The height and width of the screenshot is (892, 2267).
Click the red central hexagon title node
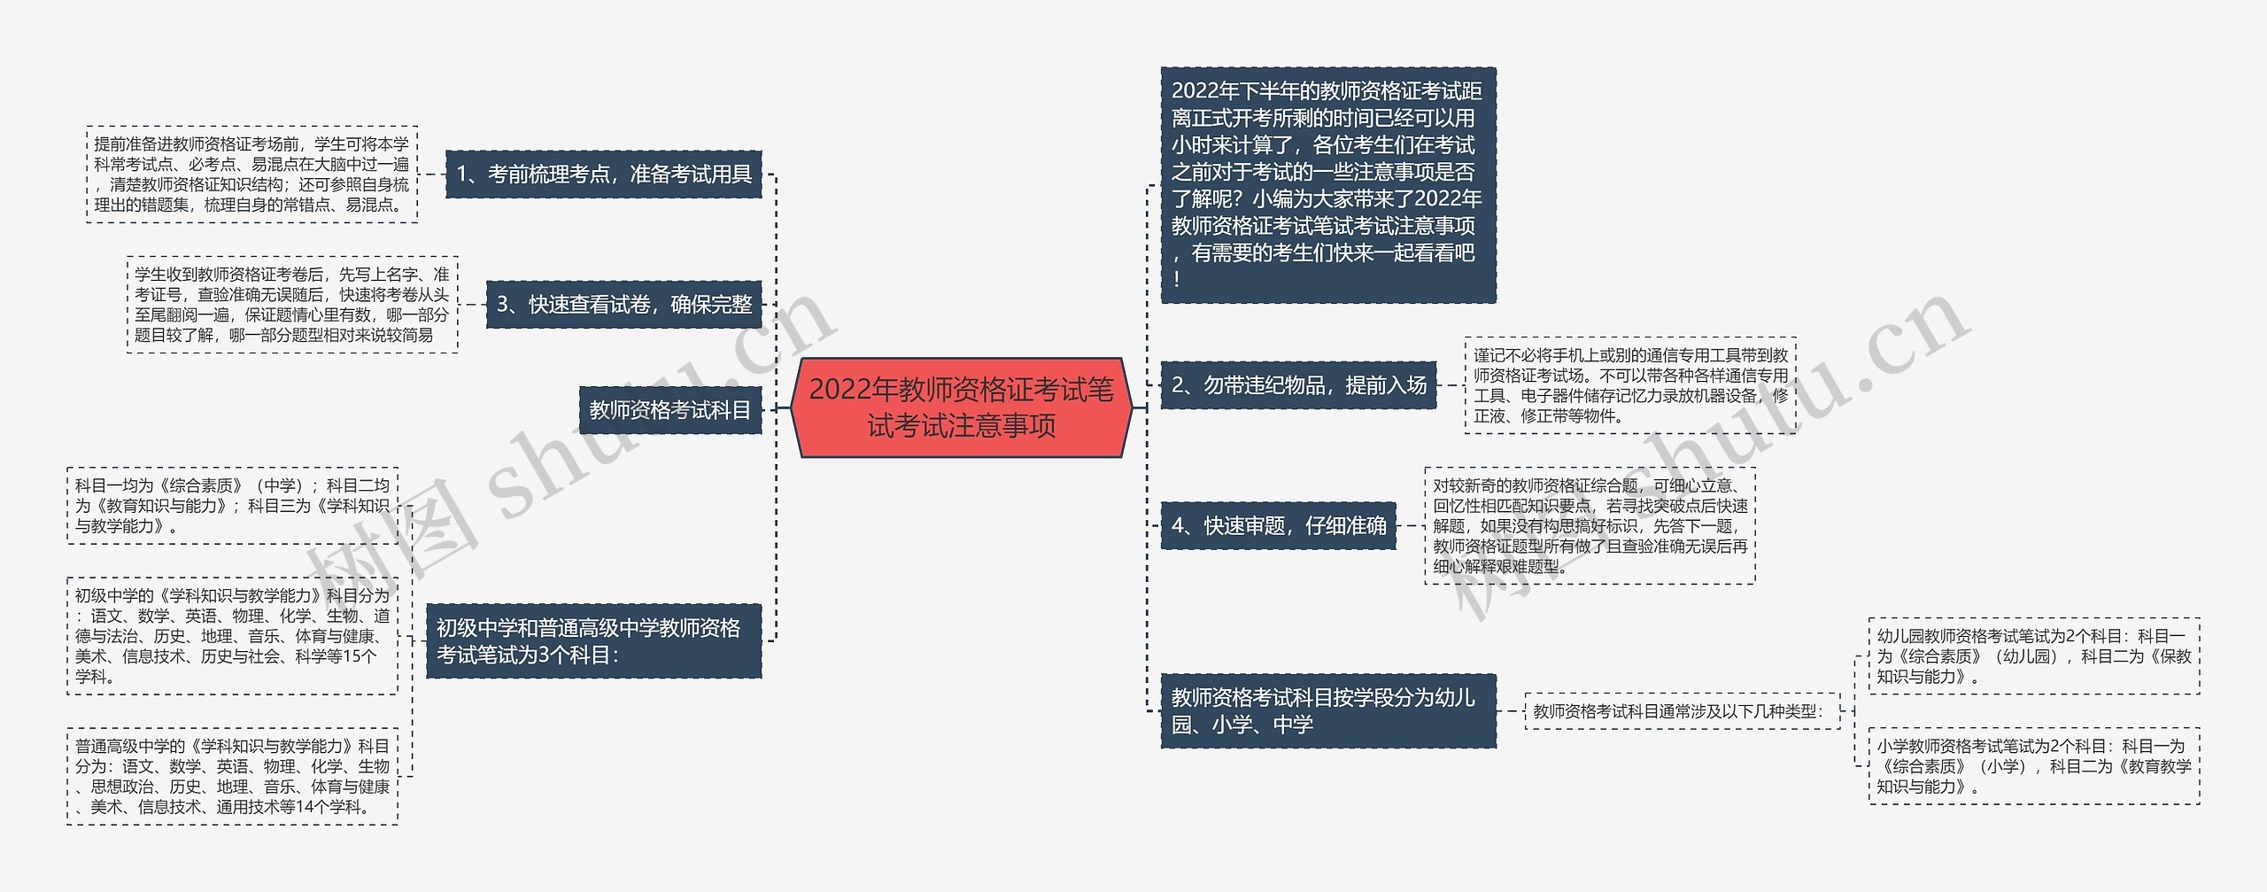coord(961,408)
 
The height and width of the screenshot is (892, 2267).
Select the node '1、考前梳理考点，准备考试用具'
coord(603,174)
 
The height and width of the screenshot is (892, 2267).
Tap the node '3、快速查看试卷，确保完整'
coord(623,305)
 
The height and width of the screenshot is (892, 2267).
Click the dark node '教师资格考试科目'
coord(669,410)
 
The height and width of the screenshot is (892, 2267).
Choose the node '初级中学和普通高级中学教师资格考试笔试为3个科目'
coord(593,641)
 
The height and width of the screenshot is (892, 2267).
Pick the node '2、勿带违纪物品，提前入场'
coord(1298,385)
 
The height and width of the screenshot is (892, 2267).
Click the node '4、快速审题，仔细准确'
coord(1278,525)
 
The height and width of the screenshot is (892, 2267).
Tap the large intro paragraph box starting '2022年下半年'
coord(1327,184)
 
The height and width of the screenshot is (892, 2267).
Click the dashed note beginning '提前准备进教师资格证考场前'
coord(252,174)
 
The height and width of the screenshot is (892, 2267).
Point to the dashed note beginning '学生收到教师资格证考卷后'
coord(292,305)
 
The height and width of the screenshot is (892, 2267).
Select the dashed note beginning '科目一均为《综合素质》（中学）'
coord(232,506)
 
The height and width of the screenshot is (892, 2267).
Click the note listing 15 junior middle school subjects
coord(232,636)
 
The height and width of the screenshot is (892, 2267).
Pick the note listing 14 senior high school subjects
coord(232,776)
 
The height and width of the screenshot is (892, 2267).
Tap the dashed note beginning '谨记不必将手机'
coord(1629,385)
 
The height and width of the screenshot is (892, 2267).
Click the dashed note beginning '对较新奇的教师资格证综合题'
coord(1590,525)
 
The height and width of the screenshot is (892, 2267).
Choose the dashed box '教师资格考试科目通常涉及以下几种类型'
coord(1681,711)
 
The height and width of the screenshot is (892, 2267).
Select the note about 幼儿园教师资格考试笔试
coord(2033,656)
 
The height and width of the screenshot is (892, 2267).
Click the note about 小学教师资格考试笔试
coord(2033,766)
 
